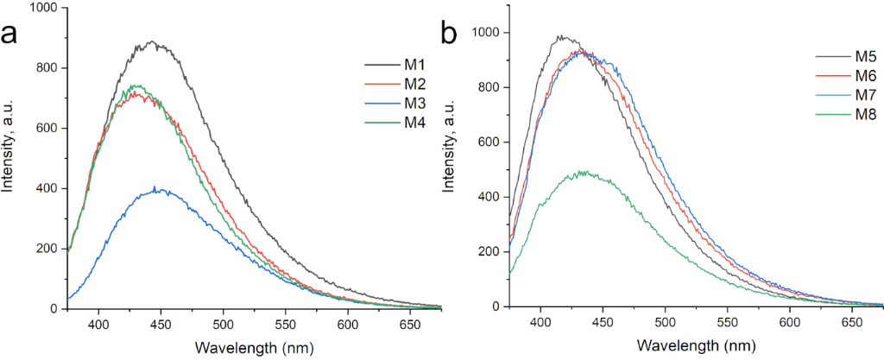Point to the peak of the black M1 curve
[x=152, y=41]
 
